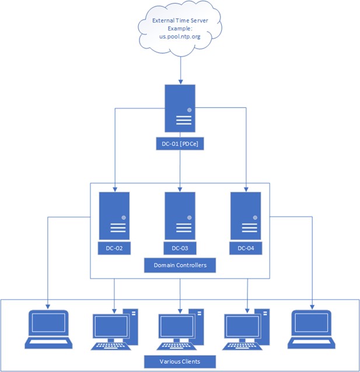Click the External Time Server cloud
point(180,29)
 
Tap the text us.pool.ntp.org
point(180,37)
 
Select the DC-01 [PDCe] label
point(180,144)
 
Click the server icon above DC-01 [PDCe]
point(180,108)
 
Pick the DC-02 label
point(114,248)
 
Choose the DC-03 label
point(180,248)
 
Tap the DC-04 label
point(246,248)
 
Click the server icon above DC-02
point(114,216)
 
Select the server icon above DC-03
point(180,216)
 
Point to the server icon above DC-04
point(246,216)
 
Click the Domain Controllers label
point(180,265)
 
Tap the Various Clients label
point(180,361)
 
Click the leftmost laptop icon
point(48,329)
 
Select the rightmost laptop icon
point(312,329)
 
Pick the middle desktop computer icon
point(180,329)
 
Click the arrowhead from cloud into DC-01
point(181,82)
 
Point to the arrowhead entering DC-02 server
point(115,189)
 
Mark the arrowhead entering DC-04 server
point(246,189)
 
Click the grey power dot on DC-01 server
point(190,110)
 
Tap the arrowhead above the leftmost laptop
point(48,307)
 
